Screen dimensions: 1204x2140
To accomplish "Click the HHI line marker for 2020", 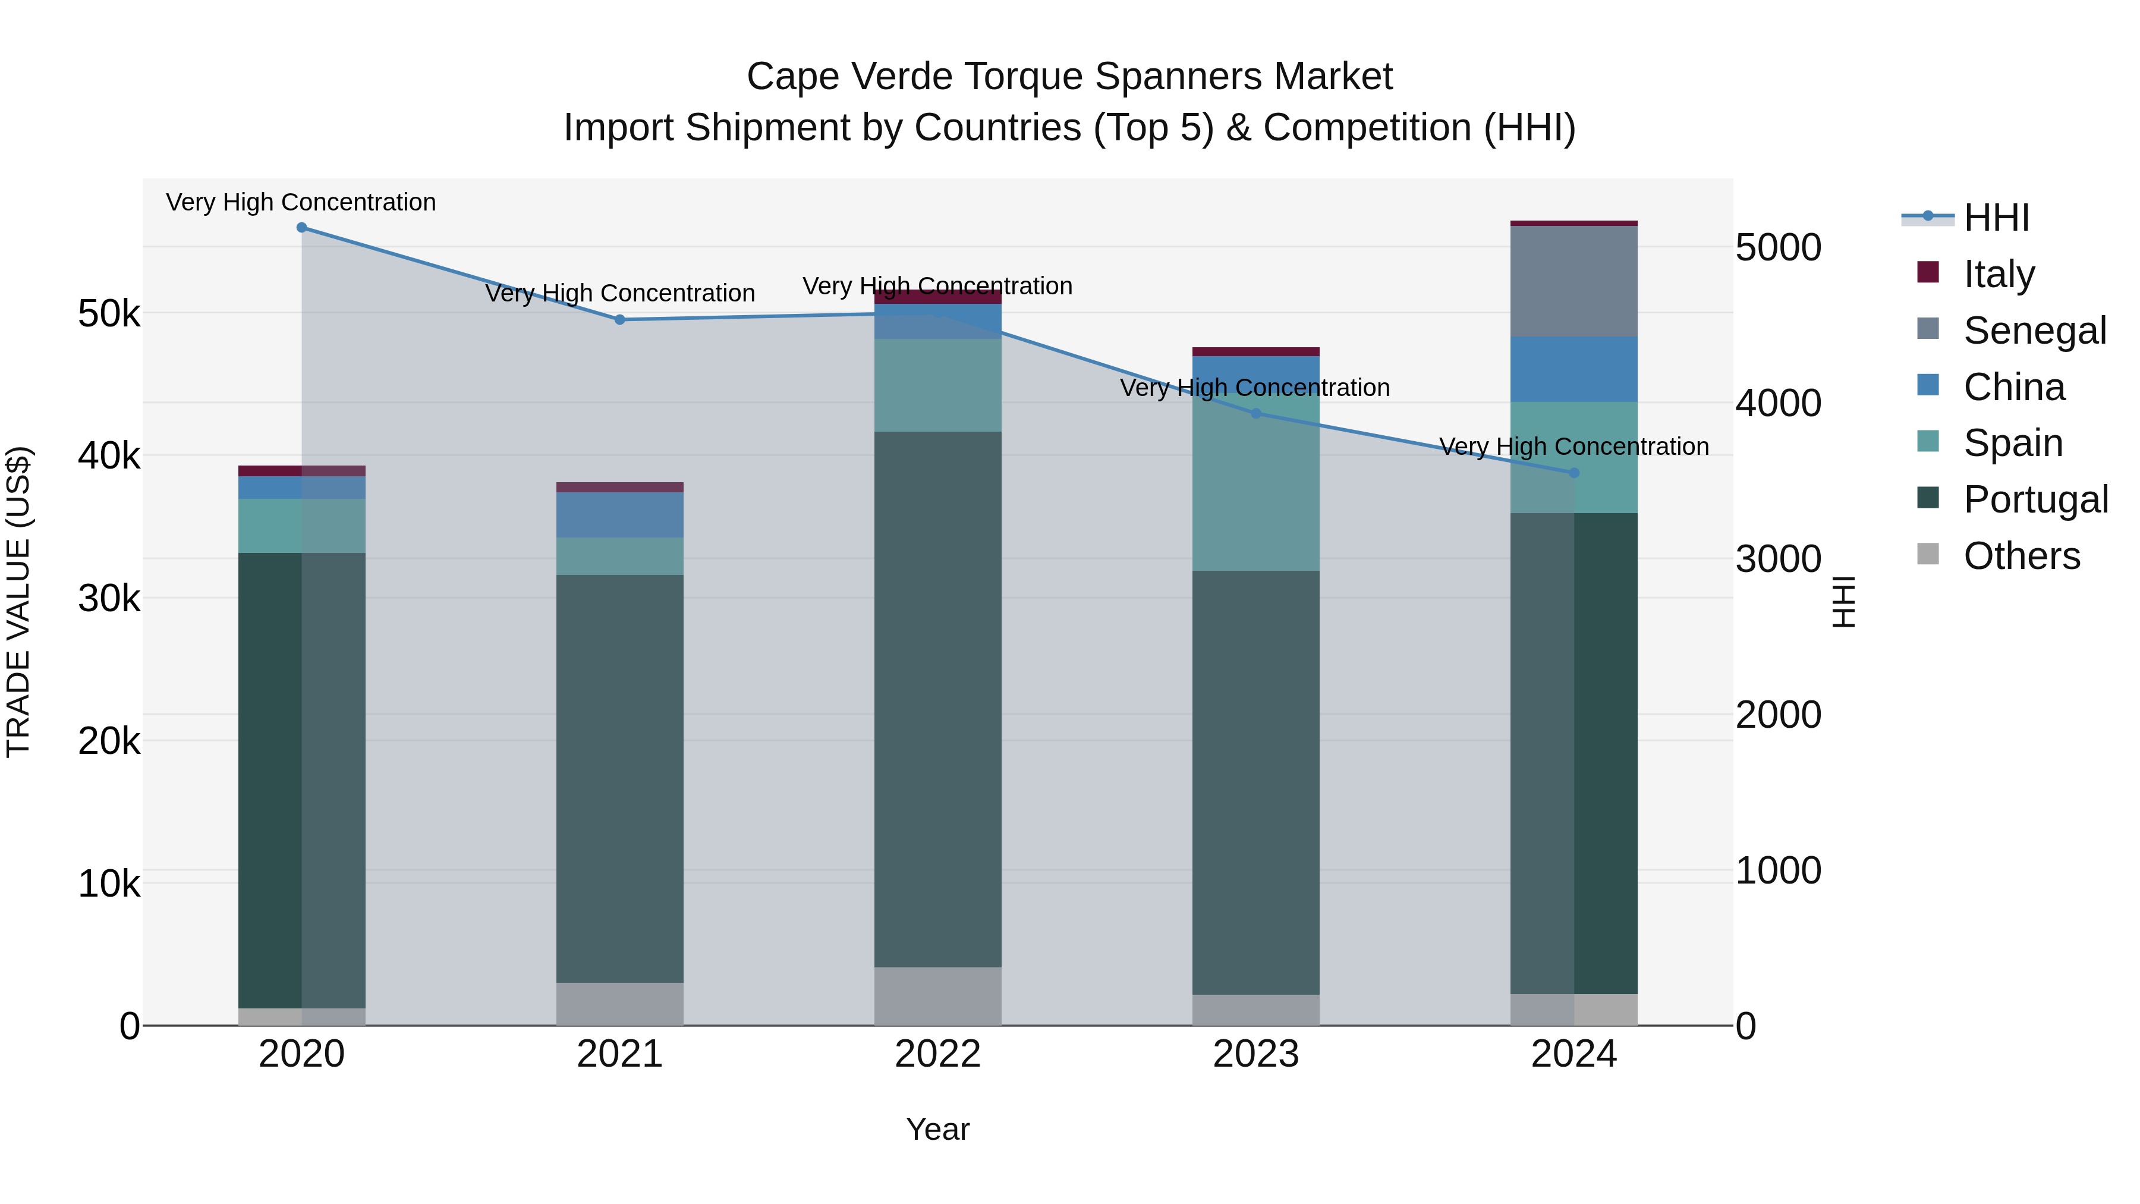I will coord(301,228).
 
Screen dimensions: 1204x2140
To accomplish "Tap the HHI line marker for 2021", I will coord(620,320).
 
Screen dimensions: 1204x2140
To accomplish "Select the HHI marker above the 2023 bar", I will coord(1256,414).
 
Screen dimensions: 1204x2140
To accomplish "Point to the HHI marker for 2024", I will coord(1574,473).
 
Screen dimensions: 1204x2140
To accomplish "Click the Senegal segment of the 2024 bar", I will coord(1574,281).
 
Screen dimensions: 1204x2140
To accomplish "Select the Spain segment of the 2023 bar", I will coord(1256,491).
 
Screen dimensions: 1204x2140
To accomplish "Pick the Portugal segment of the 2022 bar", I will coord(938,698).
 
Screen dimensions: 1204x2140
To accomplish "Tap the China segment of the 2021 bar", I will coord(620,515).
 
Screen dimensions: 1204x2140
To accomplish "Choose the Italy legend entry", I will coord(1999,274).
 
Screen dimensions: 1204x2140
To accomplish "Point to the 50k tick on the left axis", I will coord(109,314).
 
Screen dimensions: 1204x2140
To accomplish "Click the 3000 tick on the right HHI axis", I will coord(1778,559).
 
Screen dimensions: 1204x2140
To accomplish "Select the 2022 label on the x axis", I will coord(938,1054).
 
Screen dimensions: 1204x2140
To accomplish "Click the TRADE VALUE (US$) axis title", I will coord(19,602).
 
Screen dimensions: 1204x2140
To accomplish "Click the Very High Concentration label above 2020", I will coord(301,202).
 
